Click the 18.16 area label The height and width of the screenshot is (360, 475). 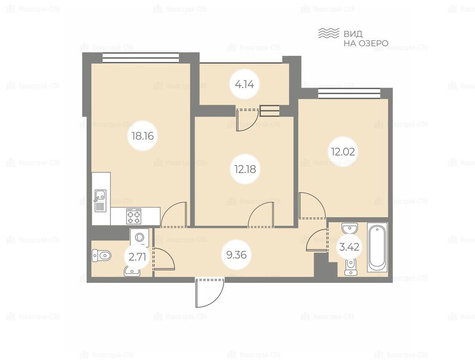[143, 136]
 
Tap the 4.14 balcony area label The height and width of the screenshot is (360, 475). [244, 84]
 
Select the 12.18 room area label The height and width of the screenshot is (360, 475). [245, 169]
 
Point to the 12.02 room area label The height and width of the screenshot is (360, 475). [343, 151]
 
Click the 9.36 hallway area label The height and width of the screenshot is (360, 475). [237, 255]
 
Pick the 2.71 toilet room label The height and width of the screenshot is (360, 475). [137, 257]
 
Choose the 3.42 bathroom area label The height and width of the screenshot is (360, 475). [349, 247]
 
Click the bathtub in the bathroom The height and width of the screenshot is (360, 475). [377, 247]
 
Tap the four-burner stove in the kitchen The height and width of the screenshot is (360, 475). [134, 216]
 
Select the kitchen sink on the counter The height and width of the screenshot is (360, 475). [100, 201]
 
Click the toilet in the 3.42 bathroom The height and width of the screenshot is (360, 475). [350, 267]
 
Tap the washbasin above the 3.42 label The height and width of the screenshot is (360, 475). [350, 228]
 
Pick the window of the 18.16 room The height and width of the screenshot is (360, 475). [141, 58]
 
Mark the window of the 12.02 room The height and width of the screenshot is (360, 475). [349, 93]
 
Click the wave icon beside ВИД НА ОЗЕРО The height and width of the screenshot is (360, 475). [328, 33]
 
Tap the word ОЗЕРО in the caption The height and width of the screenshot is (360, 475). [374, 43]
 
